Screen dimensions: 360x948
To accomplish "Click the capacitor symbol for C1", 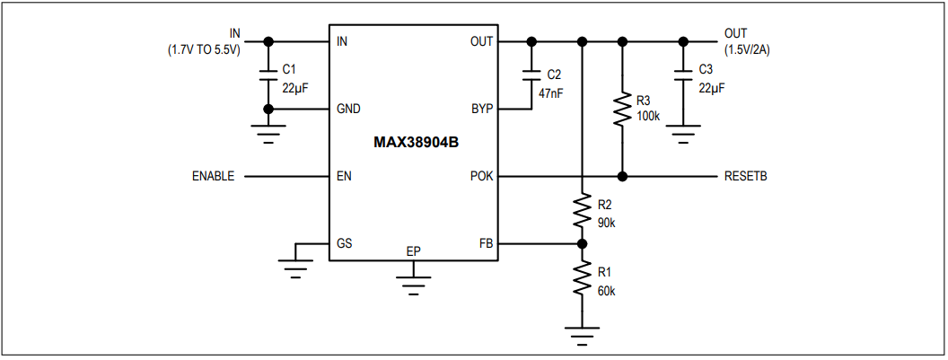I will [x=268, y=75].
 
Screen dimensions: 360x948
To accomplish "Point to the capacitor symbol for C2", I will [x=531, y=75].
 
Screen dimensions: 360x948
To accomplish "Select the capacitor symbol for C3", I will [x=683, y=75].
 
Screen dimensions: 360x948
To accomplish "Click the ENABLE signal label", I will [x=213, y=177].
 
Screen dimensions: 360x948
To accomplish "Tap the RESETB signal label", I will [x=745, y=177].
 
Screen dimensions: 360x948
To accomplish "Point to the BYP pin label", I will [x=481, y=110].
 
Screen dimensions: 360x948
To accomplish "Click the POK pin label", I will [x=481, y=177].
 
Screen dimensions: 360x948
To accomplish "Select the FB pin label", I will [x=486, y=243].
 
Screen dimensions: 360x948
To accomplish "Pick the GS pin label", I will [x=344, y=243].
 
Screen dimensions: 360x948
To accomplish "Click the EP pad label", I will [x=413, y=250].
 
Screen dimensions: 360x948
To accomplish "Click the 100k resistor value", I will [x=648, y=116].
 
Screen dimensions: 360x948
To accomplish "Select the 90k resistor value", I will [x=606, y=222].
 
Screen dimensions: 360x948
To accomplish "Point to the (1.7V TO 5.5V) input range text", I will [x=204, y=50].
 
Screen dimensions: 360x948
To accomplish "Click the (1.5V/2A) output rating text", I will [x=747, y=50].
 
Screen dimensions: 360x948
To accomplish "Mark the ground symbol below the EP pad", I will [x=413, y=286].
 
